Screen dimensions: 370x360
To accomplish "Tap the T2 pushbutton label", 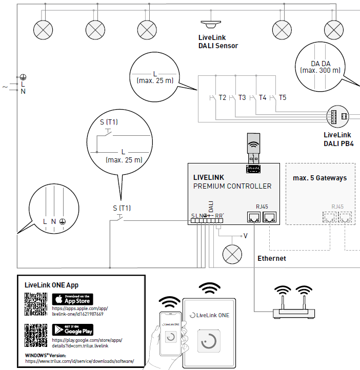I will click(222, 97).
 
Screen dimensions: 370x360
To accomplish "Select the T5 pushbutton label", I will click(283, 97).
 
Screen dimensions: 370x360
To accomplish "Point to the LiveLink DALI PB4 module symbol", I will click(337, 117).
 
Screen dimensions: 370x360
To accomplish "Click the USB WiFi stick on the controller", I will click(253, 147).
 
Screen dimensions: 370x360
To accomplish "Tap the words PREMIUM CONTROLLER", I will click(232, 186).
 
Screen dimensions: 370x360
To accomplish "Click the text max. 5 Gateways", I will click(319, 178).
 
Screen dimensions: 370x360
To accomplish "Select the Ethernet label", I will click(271, 259).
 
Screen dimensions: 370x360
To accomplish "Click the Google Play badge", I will click(72, 330).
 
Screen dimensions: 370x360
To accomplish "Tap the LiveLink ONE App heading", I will click(52, 285).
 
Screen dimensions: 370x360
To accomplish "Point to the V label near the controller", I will click(246, 236).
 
